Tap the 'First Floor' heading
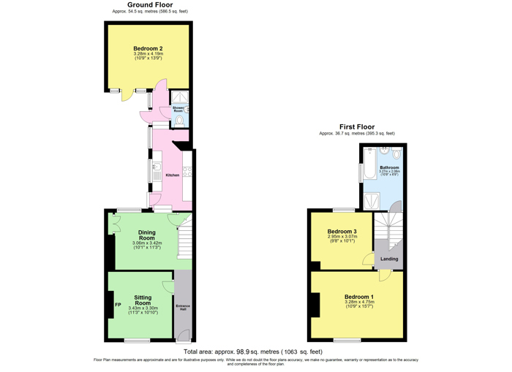[357, 126]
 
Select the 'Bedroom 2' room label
[148, 48]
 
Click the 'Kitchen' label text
[173, 175]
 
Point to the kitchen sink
[157, 172]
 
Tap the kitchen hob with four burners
[187, 173]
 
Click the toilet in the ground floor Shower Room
[180, 120]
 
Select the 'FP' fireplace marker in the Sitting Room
[117, 305]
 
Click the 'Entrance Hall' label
[183, 307]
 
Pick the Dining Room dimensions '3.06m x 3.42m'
[147, 243]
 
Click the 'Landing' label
[389, 259]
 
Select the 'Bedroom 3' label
[342, 231]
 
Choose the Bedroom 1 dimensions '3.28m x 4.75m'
[359, 302]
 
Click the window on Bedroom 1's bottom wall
[347, 340]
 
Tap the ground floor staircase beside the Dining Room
[184, 238]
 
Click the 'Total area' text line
[252, 352]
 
